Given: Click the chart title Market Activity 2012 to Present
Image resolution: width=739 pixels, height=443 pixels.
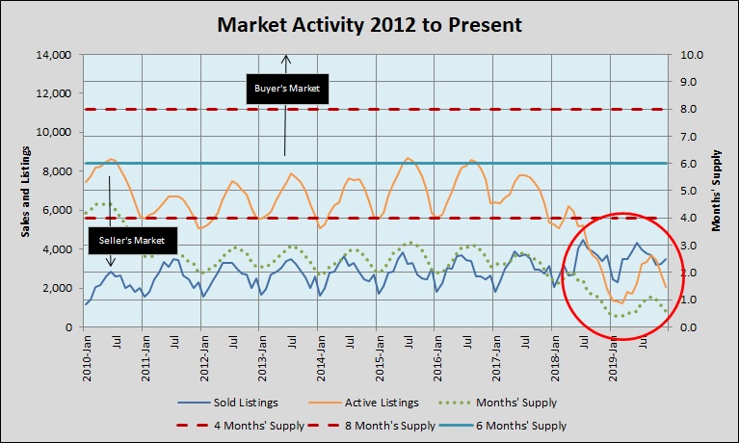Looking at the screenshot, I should (369, 24).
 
